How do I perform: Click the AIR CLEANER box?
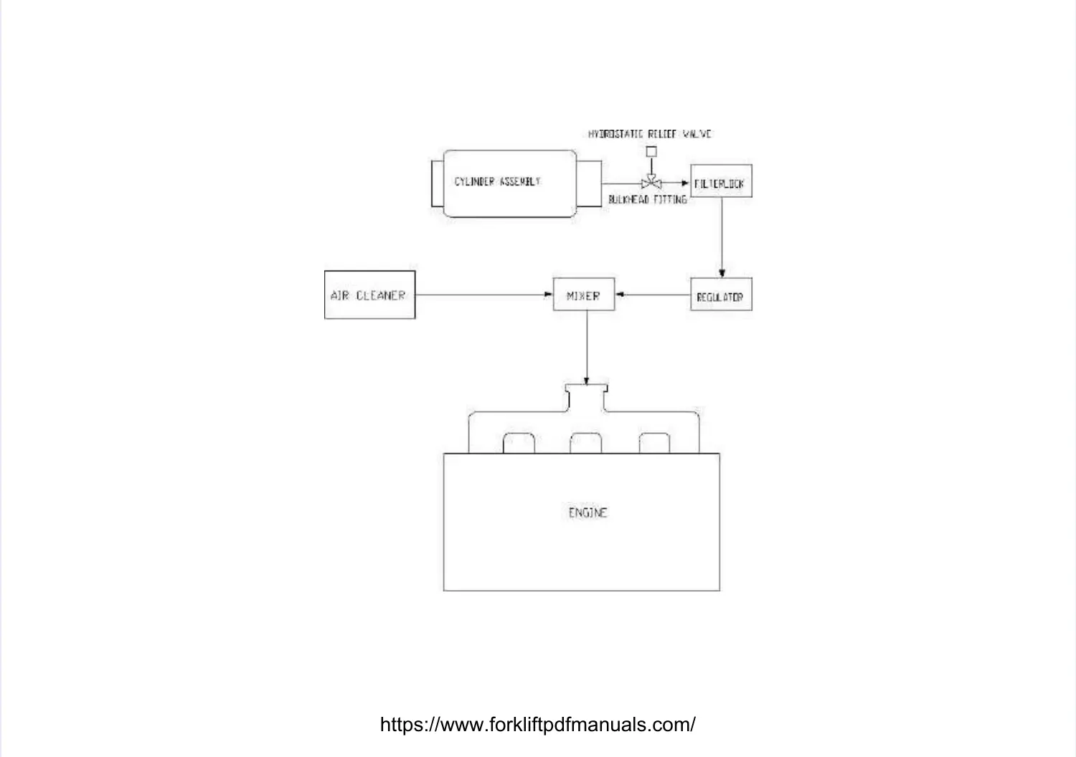369,295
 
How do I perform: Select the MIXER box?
583,295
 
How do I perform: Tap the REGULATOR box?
720,294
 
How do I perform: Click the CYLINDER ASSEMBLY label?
497,182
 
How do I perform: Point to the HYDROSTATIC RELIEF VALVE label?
650,134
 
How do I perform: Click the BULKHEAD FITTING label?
647,200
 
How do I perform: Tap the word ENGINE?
587,513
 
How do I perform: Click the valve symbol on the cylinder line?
651,184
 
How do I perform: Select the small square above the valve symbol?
651,151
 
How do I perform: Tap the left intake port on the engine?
519,444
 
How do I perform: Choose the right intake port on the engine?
654,444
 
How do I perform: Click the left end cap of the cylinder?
438,184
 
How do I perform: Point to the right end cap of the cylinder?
589,184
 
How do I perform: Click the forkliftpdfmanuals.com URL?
537,724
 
